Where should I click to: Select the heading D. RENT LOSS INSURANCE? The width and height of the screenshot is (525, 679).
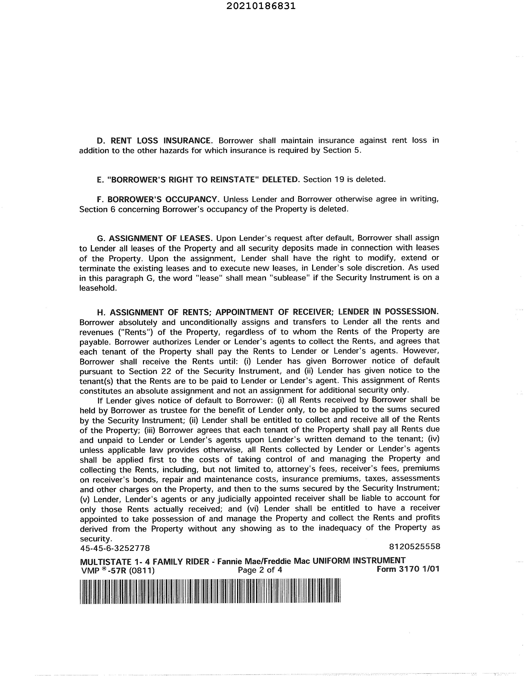pos(155,140)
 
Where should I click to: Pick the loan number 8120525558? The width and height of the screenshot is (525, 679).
pos(415,546)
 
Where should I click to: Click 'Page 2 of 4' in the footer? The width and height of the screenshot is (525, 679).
pos(260,570)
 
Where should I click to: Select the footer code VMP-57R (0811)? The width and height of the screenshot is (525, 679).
pos(117,571)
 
